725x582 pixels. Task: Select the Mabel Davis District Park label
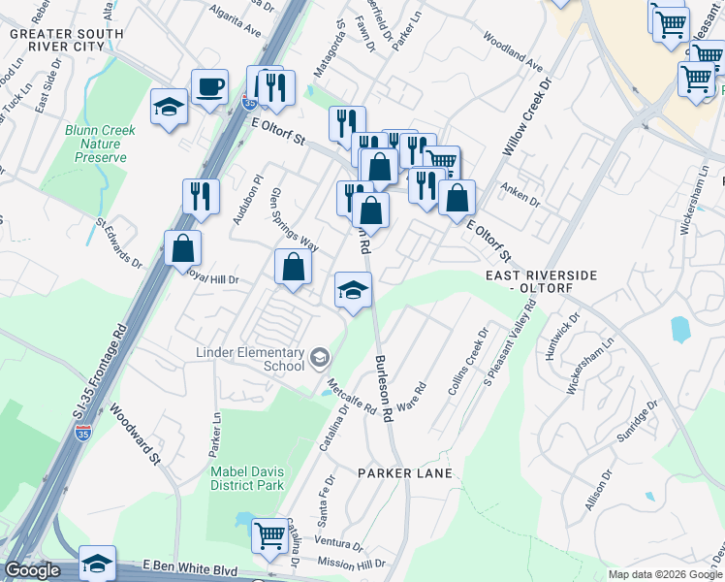247,478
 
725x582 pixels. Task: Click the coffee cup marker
209,88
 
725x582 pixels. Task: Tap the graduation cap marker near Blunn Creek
169,107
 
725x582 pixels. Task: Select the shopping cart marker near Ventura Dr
269,534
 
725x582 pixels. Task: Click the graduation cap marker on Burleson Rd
353,289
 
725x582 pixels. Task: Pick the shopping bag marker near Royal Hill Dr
182,248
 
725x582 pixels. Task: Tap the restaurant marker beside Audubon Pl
201,196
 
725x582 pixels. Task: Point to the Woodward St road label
133,434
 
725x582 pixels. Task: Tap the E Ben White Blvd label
190,565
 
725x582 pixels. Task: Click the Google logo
31,570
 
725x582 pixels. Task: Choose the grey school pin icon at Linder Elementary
318,360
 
